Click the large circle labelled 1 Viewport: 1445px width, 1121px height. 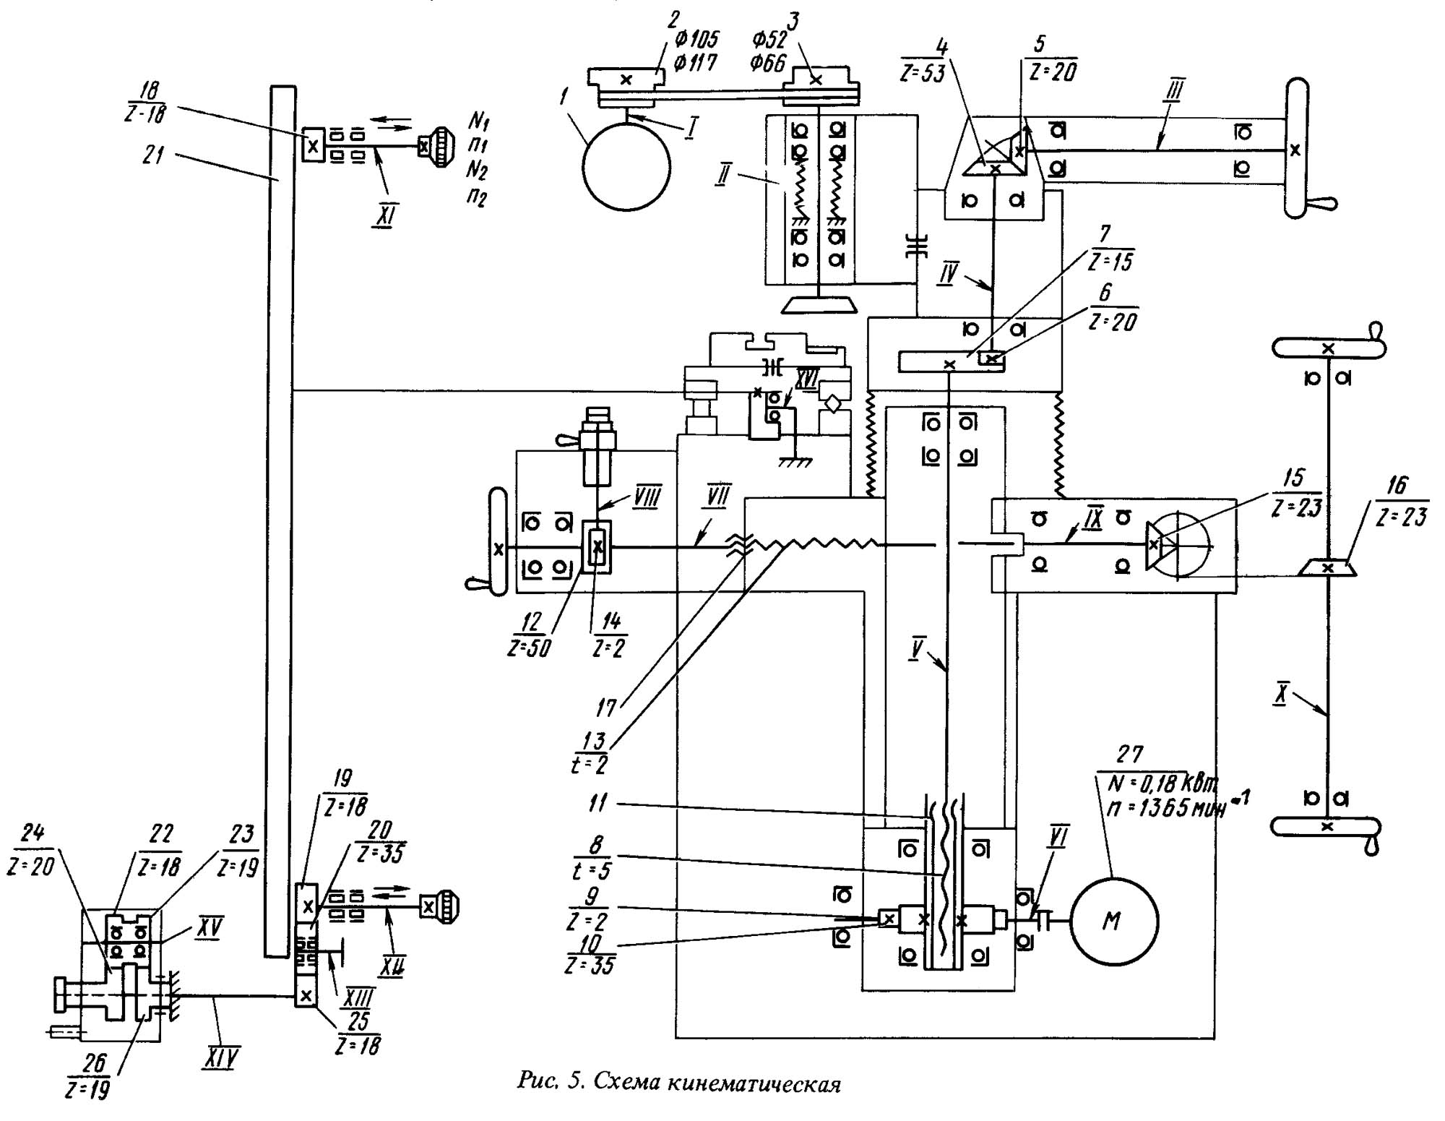pos(626,166)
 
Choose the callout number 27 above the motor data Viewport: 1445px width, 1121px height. pos(1129,755)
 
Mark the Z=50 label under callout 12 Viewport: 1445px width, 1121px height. pos(529,648)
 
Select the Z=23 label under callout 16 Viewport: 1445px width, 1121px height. pos(1402,516)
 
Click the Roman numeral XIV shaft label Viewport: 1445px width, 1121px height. pos(219,1058)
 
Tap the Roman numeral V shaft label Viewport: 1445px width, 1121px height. pos(917,649)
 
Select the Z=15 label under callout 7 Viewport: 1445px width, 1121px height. pos(1110,260)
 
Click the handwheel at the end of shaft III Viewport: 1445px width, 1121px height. pos(1297,148)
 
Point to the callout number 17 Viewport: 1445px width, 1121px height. pos(605,707)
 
